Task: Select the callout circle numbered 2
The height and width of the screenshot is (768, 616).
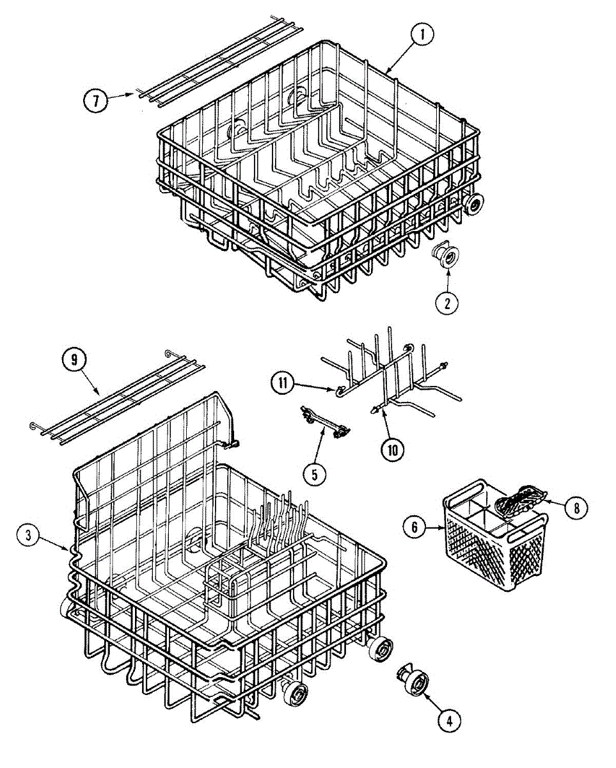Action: (x=447, y=302)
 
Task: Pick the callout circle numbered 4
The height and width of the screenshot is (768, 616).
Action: (x=449, y=721)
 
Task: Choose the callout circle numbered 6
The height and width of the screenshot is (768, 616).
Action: (x=415, y=527)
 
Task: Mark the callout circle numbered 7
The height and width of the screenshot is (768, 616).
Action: (x=95, y=100)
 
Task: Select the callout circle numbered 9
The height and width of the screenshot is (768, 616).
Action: (x=74, y=360)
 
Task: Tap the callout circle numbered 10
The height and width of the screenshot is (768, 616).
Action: (x=392, y=449)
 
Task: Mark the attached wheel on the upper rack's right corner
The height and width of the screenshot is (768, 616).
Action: (x=474, y=203)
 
